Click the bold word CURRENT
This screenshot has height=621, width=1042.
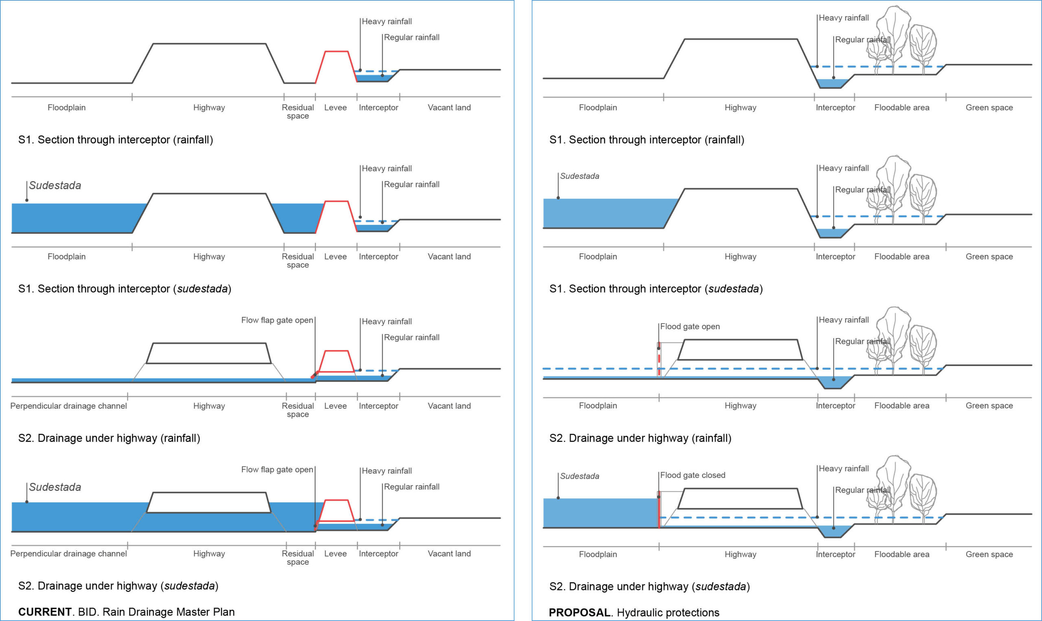(45, 612)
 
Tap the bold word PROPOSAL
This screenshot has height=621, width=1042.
(579, 612)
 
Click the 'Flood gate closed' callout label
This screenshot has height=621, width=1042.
(693, 475)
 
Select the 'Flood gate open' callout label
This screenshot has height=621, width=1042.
(690, 326)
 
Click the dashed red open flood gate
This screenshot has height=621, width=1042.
(659, 360)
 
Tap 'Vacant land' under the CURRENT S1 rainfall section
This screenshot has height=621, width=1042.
(449, 108)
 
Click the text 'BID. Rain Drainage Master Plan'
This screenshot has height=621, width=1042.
(156, 612)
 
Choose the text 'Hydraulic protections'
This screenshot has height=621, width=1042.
(668, 612)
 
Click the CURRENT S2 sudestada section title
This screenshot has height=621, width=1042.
(118, 586)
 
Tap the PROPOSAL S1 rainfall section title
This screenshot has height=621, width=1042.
(647, 140)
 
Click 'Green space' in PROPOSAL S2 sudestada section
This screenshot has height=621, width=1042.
(989, 554)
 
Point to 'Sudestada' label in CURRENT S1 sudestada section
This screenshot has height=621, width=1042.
(55, 185)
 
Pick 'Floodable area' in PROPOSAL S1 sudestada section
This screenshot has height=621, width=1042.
(902, 257)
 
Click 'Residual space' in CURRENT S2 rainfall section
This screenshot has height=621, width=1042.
(298, 410)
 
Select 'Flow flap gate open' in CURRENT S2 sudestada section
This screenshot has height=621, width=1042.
(277, 469)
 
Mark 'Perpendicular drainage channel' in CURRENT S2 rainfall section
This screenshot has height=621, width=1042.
(68, 405)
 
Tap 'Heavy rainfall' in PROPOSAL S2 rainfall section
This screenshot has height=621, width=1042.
(843, 320)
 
